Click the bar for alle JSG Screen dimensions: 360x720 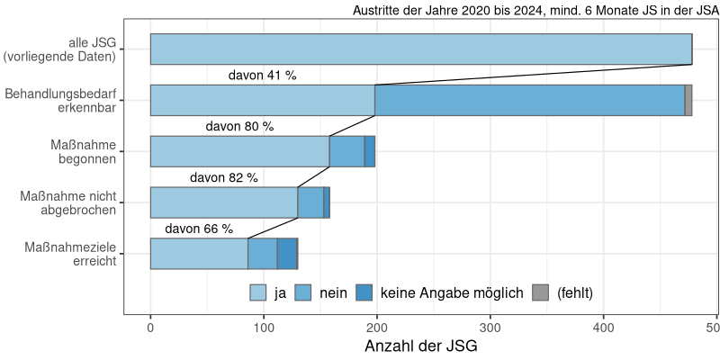[x=420, y=49]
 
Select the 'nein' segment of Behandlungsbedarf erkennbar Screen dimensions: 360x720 [x=529, y=100]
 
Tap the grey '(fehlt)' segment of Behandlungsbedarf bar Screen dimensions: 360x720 [x=688, y=100]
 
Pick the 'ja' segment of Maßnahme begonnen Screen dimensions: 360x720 [x=239, y=151]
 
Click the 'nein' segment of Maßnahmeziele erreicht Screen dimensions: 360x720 [x=263, y=254]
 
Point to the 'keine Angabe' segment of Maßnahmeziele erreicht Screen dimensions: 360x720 [x=287, y=254]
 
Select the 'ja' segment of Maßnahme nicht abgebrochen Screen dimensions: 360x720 [x=223, y=202]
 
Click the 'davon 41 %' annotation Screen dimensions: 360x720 [x=262, y=76]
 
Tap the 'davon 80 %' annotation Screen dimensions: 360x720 [x=239, y=127]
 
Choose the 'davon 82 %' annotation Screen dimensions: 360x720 [x=223, y=178]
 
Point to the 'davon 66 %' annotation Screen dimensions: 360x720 [x=198, y=229]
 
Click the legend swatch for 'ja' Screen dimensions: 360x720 [x=258, y=292]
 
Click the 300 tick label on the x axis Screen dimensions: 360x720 [x=490, y=328]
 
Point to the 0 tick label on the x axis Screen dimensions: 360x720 [x=150, y=328]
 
